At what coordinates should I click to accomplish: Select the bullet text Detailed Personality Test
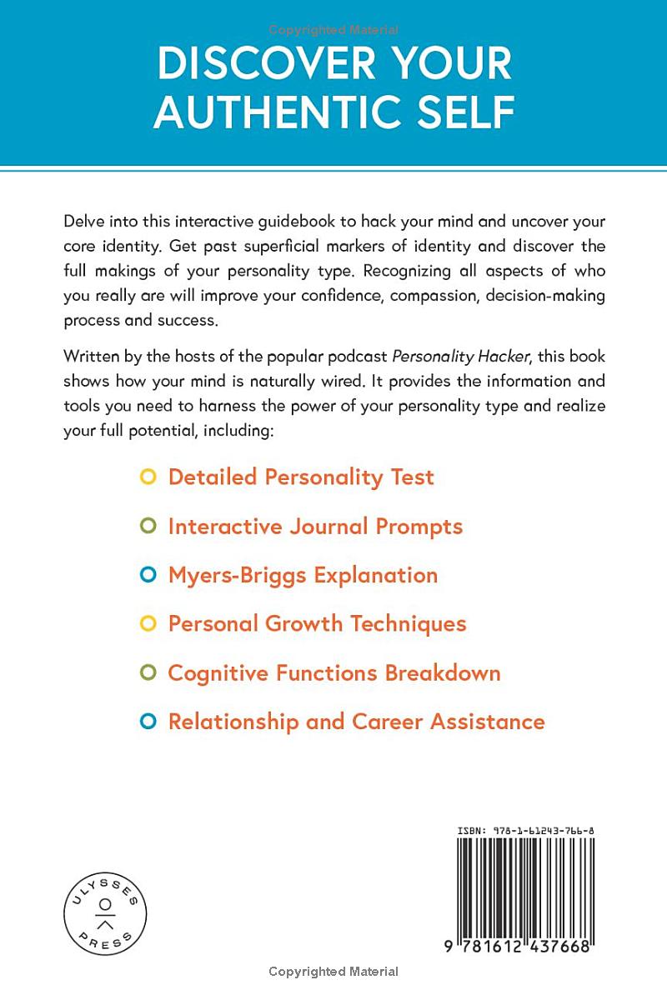[x=301, y=477]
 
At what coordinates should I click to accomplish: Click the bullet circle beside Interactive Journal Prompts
[x=148, y=527]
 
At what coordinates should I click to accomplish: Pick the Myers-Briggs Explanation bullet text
[x=303, y=575]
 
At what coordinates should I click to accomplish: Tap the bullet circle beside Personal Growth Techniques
[x=148, y=624]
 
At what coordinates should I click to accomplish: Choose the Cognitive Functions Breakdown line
[x=334, y=672]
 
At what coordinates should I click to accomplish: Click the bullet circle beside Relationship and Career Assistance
[x=148, y=722]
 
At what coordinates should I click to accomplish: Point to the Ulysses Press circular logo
[x=105, y=914]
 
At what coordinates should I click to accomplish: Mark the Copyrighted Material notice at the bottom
[x=333, y=972]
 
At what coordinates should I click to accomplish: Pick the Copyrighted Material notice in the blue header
[x=333, y=30]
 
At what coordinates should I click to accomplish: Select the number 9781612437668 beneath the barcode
[x=519, y=946]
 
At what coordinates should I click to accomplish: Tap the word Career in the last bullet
[x=389, y=722]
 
